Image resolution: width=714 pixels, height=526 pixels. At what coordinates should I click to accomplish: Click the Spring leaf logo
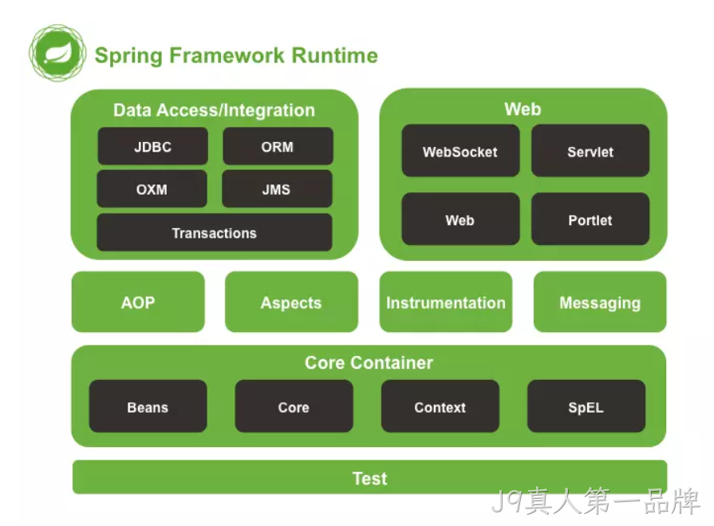pyautogui.click(x=57, y=53)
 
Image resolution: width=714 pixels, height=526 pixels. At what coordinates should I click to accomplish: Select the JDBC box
pyautogui.click(x=152, y=146)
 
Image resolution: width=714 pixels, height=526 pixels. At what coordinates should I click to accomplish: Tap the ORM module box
pyautogui.click(x=278, y=146)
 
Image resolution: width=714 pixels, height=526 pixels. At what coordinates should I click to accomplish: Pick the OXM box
pyautogui.click(x=152, y=189)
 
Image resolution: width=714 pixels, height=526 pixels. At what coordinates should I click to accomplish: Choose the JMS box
pyautogui.click(x=277, y=189)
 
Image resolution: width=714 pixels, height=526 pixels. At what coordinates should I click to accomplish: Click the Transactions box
pyautogui.click(x=215, y=232)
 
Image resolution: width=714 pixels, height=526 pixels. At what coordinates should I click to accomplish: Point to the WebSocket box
pyautogui.click(x=460, y=151)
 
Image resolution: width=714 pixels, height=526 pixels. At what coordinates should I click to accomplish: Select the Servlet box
pyautogui.click(x=590, y=151)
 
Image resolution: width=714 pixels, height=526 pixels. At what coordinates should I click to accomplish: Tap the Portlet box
pyautogui.click(x=590, y=219)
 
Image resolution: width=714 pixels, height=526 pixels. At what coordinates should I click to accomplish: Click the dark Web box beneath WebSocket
pyautogui.click(x=460, y=219)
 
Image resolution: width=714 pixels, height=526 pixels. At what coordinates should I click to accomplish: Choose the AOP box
pyautogui.click(x=138, y=302)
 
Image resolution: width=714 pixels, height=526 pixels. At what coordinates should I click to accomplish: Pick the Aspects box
pyautogui.click(x=291, y=302)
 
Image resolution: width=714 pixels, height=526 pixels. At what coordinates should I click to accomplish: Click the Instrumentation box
pyautogui.click(x=446, y=302)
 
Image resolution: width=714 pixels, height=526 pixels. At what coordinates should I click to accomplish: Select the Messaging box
pyautogui.click(x=600, y=302)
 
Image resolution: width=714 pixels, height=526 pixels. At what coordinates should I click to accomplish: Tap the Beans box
pyautogui.click(x=148, y=406)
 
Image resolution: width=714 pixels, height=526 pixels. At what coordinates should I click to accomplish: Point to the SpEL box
pyautogui.click(x=586, y=406)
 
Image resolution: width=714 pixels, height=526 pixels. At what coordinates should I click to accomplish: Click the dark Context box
pyautogui.click(x=440, y=406)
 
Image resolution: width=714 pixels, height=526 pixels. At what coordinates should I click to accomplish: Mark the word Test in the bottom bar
pyautogui.click(x=369, y=478)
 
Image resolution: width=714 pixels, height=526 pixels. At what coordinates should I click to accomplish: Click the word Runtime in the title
pyautogui.click(x=335, y=56)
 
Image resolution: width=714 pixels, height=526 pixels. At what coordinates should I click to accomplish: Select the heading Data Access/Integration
pyautogui.click(x=214, y=110)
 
